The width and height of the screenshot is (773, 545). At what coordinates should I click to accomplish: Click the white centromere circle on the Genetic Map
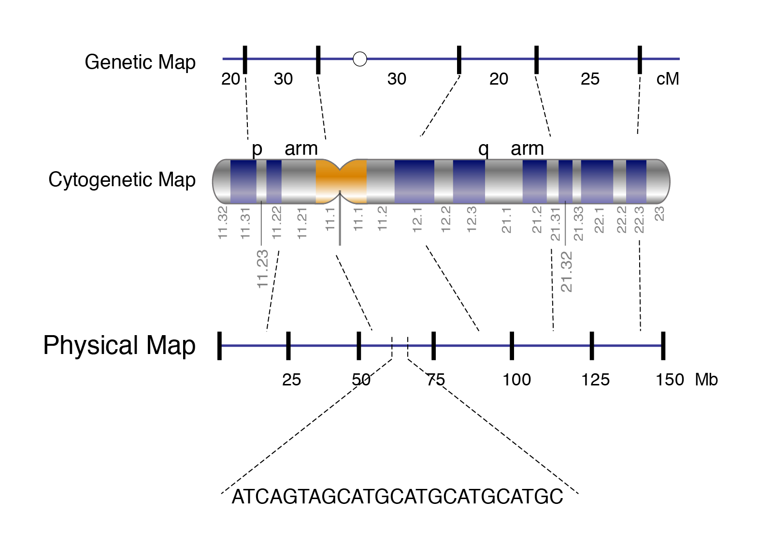coord(359,59)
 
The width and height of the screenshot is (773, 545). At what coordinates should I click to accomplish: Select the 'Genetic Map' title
coord(140,62)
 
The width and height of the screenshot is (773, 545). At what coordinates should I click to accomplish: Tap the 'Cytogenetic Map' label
coord(122,180)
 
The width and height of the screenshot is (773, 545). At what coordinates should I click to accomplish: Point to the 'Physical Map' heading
coord(119,345)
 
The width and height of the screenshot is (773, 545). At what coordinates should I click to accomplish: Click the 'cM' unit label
coord(668,79)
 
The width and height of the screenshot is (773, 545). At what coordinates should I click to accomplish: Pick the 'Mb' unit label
coord(706,380)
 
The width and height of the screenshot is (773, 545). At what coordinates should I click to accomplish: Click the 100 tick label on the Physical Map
coord(516,380)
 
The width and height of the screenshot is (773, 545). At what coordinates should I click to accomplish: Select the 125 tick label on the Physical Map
coord(595,380)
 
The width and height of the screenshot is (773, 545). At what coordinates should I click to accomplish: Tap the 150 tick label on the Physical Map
coord(670,380)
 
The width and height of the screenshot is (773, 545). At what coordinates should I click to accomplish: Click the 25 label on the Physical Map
coord(292,380)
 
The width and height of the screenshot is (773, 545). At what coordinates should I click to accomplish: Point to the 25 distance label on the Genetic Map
coord(590,79)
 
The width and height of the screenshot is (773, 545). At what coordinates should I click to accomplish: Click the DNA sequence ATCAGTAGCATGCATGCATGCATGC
coord(397,497)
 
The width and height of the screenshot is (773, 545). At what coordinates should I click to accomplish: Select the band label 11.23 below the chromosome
coord(263,269)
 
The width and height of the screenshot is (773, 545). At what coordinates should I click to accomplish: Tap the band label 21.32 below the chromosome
coord(566,272)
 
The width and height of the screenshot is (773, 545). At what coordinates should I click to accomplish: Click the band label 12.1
coord(417,220)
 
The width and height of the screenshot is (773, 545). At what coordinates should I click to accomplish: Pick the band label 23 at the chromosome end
coord(659,213)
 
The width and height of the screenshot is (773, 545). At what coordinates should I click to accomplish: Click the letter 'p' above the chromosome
coord(257,149)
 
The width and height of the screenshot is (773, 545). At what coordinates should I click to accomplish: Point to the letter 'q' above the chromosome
coord(484,149)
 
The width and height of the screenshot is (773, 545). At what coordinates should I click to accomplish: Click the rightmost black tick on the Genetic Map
coord(640,60)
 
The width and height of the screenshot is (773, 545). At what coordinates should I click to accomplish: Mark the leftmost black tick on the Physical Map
coord(219,346)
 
